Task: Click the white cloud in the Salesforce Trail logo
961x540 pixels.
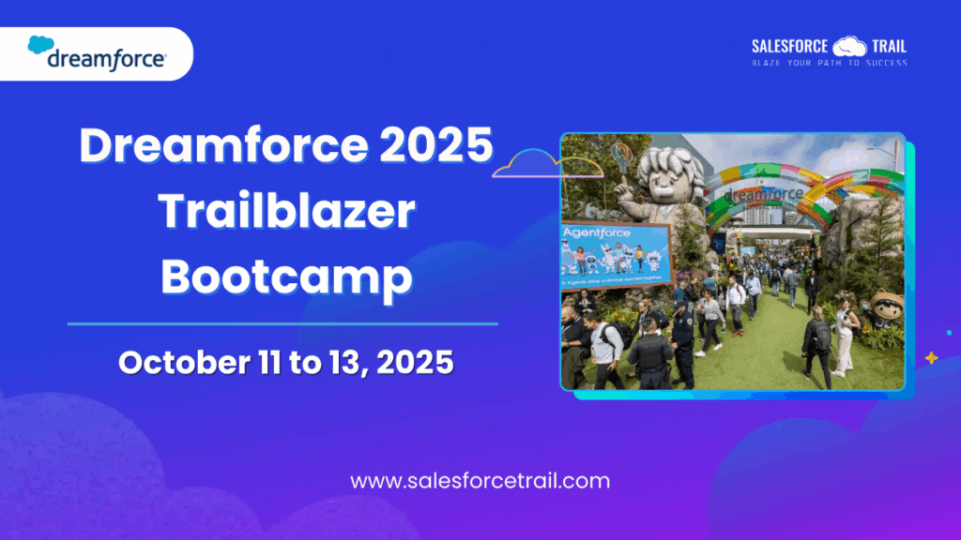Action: pyautogui.click(x=849, y=46)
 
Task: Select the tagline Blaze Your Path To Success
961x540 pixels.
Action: pyautogui.click(x=829, y=63)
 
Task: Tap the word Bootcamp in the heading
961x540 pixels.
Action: pyautogui.click(x=285, y=277)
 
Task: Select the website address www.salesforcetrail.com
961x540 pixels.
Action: pyautogui.click(x=480, y=481)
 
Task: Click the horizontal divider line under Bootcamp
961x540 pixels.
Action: pyautogui.click(x=282, y=323)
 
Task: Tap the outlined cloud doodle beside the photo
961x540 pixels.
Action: pyautogui.click(x=544, y=165)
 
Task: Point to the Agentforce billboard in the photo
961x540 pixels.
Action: pyautogui.click(x=615, y=255)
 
